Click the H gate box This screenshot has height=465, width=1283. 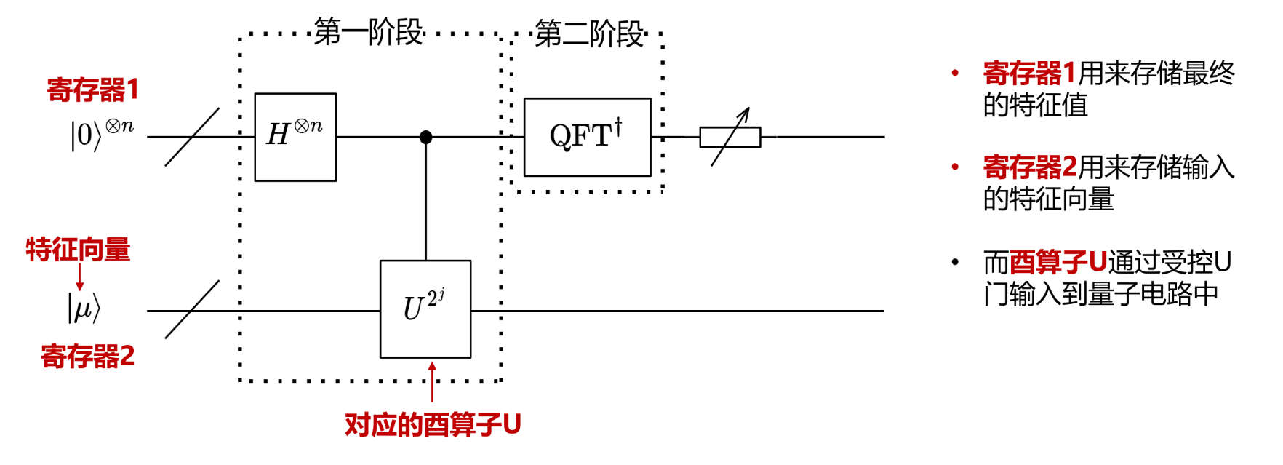coord(295,137)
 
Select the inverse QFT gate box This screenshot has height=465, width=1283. coord(587,137)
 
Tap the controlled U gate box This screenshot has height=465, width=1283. coord(425,309)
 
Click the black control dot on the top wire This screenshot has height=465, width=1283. coord(426,137)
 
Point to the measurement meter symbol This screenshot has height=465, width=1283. coord(730,137)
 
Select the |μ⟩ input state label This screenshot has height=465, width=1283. coord(84,308)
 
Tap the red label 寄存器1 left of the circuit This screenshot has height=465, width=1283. coord(92,90)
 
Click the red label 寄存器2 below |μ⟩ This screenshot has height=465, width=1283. coord(87,357)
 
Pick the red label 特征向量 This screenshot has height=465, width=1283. coord(78,250)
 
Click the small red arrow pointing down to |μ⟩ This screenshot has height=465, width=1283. coord(79,277)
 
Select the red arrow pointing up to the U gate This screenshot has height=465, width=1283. coord(432,381)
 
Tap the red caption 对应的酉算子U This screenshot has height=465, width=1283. coord(433,424)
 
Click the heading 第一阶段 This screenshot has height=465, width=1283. coord(369,33)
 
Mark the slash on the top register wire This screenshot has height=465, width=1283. coord(192,137)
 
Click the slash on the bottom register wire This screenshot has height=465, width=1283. coord(192,310)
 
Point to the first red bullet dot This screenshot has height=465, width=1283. coord(955,73)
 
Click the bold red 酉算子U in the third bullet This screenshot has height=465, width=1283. coord(1058,262)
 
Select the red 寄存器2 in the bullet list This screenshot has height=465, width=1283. coord(1030,167)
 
